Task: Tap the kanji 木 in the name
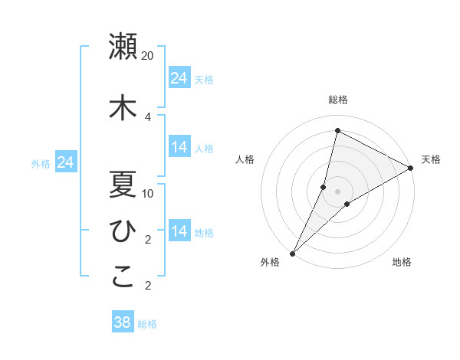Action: [x=123, y=108]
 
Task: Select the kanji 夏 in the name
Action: [x=123, y=184]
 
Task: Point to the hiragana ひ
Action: [x=123, y=230]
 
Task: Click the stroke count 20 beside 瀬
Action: [x=148, y=56]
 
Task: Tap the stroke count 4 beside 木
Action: [x=148, y=116]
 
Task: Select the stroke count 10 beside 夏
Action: [x=148, y=193]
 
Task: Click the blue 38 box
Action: [x=123, y=322]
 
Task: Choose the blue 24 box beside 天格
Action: [x=179, y=78]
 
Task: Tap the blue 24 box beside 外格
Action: [x=66, y=162]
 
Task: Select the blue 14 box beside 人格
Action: [x=179, y=147]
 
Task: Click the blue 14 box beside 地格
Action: [x=179, y=231]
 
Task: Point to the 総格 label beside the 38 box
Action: [x=147, y=324]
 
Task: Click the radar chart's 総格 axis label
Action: [x=337, y=100]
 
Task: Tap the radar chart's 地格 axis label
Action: [x=402, y=262]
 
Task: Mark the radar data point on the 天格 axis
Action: [x=411, y=168]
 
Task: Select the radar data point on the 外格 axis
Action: [x=292, y=253]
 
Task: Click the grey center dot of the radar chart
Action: [x=337, y=191]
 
